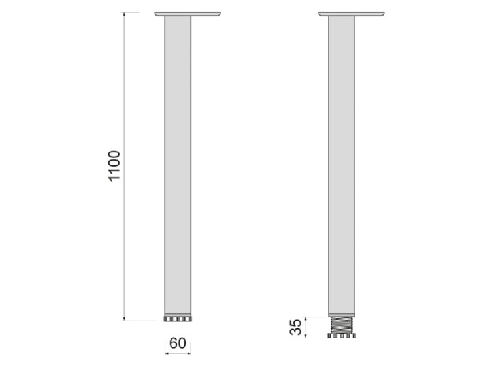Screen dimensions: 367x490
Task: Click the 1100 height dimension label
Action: (x=114, y=167)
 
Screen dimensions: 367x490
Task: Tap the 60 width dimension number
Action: (x=177, y=342)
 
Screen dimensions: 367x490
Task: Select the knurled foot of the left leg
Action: (x=177, y=319)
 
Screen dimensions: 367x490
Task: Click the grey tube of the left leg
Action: (x=177, y=163)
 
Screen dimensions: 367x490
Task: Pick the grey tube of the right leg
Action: (x=341, y=163)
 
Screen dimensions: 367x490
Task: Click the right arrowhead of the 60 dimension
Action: (x=189, y=354)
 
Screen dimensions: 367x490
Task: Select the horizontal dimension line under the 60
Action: (x=177, y=354)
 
